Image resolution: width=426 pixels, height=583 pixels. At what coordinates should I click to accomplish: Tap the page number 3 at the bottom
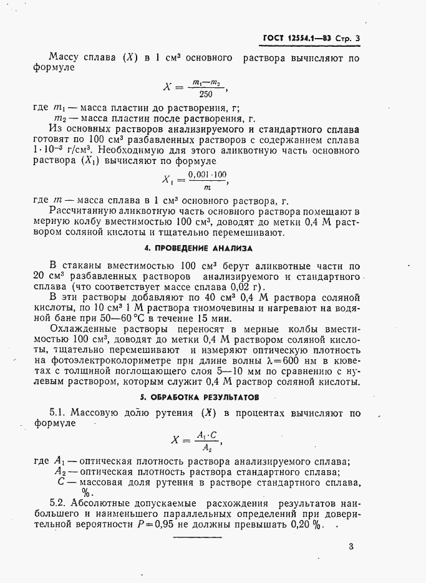[351, 547]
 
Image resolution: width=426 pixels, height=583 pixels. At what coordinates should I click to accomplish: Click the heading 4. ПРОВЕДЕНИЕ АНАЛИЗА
[199, 248]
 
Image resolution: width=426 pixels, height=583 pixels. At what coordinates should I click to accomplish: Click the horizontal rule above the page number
[197, 536]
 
